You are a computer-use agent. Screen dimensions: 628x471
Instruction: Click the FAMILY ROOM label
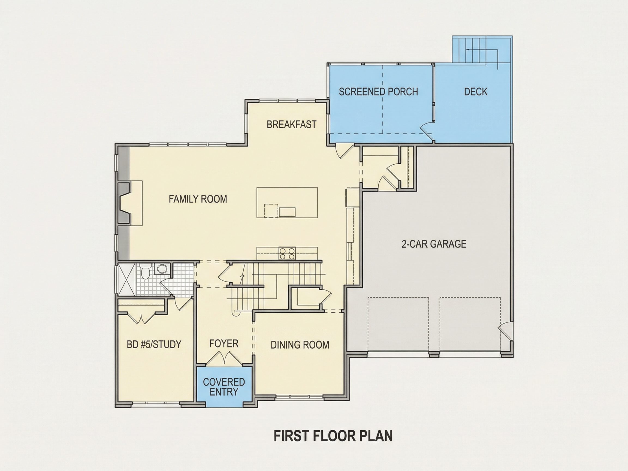click(x=198, y=199)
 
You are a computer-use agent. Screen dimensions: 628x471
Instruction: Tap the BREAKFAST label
click(x=292, y=124)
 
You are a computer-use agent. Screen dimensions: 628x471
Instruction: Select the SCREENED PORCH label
click(x=378, y=92)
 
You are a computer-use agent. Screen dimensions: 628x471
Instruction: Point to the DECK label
click(x=476, y=92)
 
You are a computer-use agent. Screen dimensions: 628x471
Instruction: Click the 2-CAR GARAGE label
click(x=434, y=244)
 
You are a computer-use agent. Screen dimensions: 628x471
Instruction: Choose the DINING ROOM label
click(x=300, y=345)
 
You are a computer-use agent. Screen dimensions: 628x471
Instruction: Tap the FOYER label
click(x=224, y=343)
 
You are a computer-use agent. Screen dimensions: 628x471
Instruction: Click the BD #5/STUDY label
click(x=154, y=344)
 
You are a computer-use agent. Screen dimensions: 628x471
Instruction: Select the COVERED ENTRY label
click(x=224, y=387)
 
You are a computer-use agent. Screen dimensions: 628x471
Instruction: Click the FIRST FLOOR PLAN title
click(x=333, y=436)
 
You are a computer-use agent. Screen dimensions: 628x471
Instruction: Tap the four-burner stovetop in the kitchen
click(x=287, y=253)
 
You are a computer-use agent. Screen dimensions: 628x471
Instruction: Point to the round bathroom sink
click(x=162, y=268)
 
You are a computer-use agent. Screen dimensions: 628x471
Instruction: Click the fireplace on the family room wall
click(x=125, y=203)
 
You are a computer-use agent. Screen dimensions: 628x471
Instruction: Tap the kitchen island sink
click(x=287, y=212)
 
